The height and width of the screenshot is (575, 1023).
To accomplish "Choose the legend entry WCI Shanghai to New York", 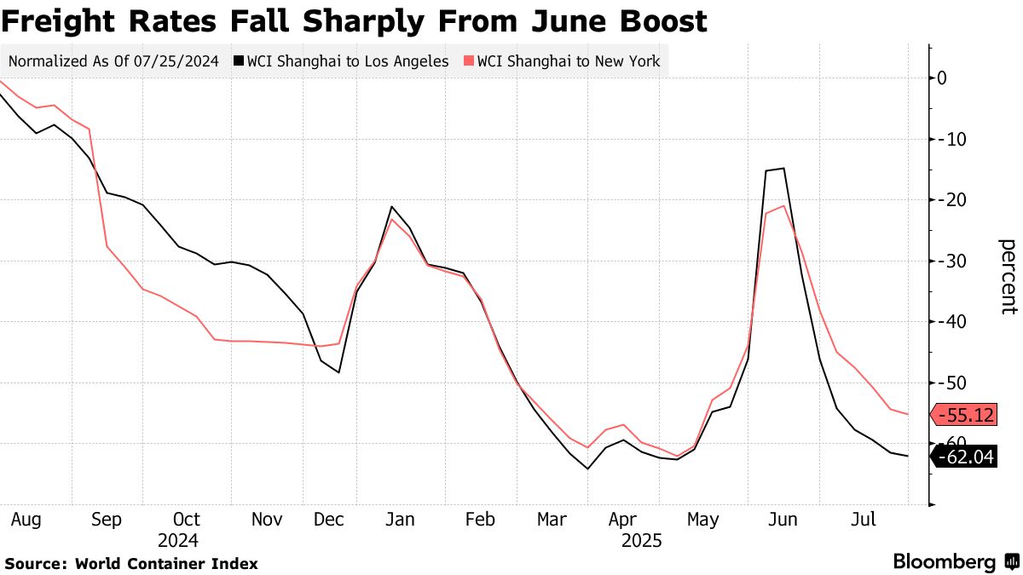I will click(x=567, y=61).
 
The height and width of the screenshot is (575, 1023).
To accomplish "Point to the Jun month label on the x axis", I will click(x=783, y=519).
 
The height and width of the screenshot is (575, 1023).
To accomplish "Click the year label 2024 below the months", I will click(x=177, y=540).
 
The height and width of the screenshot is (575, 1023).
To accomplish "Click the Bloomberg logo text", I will click(x=944, y=562).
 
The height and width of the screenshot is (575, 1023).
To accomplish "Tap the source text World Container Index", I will click(x=166, y=563).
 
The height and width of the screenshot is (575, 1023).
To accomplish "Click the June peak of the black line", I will click(x=783, y=169).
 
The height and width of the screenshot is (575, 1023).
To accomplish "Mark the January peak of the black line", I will click(x=391, y=207).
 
